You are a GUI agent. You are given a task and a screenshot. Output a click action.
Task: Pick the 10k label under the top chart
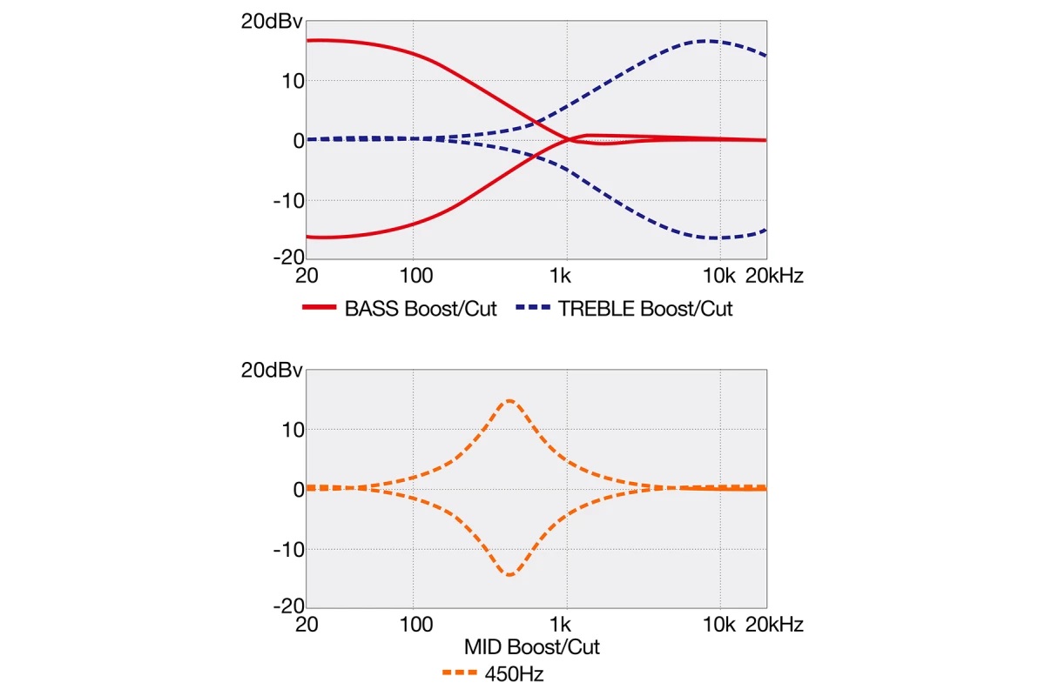point(719,276)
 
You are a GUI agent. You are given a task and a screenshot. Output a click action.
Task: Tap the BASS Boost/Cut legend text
point(421,309)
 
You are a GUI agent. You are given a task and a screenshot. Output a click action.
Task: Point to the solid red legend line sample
point(319,309)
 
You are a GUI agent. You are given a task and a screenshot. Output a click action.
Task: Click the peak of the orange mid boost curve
point(509,400)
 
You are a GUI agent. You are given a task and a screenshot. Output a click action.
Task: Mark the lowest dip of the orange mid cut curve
point(509,575)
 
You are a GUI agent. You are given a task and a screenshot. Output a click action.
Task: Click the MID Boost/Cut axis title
point(532,647)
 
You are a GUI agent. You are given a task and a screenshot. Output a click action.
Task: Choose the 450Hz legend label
point(511,673)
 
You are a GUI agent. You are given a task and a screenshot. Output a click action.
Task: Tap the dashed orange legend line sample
point(459,673)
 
